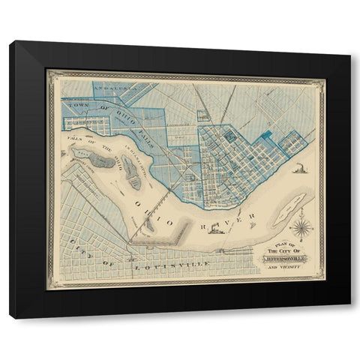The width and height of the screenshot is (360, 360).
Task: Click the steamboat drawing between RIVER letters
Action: click(x=216, y=227)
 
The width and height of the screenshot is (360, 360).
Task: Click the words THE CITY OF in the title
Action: click(x=281, y=250)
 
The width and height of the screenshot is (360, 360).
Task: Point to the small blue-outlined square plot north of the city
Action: click(x=202, y=115)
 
